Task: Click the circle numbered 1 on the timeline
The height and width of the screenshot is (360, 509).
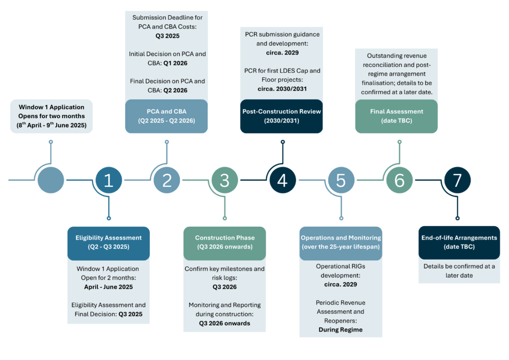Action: (x=109, y=180)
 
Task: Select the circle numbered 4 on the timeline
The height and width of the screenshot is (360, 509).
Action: (x=283, y=180)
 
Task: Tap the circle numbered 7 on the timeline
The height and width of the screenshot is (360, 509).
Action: (x=457, y=180)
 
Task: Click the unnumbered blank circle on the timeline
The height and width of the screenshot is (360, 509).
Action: (x=51, y=180)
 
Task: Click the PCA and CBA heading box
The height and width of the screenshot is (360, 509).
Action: (x=166, y=116)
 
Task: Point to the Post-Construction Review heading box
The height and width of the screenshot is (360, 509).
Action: (x=282, y=116)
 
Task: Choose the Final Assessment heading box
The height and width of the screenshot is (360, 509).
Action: (x=396, y=116)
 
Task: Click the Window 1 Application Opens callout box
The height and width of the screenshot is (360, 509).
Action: (x=51, y=116)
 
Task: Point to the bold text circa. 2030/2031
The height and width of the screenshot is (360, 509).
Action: (x=282, y=88)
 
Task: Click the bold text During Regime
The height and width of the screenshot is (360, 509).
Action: (x=340, y=329)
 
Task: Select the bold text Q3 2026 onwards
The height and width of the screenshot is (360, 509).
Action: (x=225, y=323)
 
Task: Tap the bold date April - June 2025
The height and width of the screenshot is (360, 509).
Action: (x=108, y=287)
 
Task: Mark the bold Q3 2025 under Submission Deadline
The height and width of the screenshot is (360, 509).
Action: (x=167, y=36)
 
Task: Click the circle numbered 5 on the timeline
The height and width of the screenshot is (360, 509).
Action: (x=341, y=180)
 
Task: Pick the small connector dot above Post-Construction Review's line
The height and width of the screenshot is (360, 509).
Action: (x=283, y=142)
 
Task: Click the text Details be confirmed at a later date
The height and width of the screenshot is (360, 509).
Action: (x=459, y=270)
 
